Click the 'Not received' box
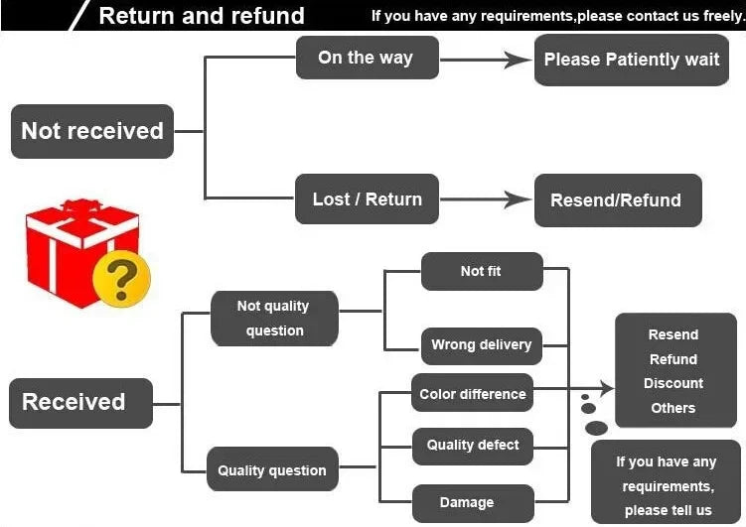(x=92, y=131)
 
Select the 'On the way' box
(x=368, y=58)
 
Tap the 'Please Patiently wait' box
(x=632, y=60)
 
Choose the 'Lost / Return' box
(x=367, y=198)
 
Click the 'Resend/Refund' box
(x=618, y=200)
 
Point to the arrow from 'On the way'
(x=486, y=60)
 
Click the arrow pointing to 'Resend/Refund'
(x=486, y=199)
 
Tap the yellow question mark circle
(x=122, y=279)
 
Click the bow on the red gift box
(x=81, y=205)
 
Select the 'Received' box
(x=80, y=403)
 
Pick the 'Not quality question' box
(x=274, y=319)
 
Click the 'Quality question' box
(x=272, y=469)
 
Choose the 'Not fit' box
(x=482, y=271)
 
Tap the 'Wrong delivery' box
(x=482, y=346)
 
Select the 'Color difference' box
(x=473, y=392)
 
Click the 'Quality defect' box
(x=473, y=447)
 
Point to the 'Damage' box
(x=473, y=503)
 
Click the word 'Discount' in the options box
(x=673, y=383)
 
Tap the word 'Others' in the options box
(x=673, y=408)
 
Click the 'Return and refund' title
(x=202, y=16)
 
